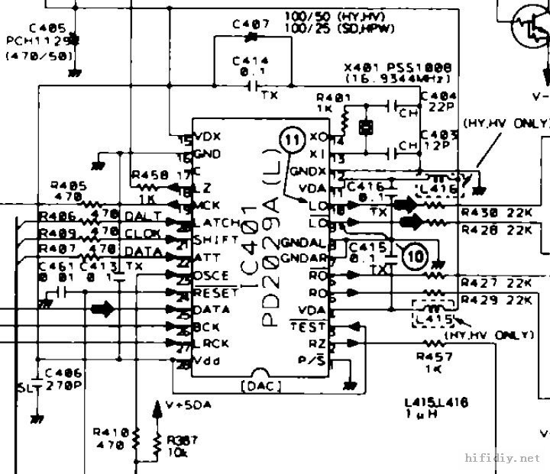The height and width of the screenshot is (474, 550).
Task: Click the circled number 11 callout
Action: point(292,139)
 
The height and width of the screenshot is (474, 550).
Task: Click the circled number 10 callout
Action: point(416,257)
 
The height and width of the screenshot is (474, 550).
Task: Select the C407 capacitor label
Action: point(251,24)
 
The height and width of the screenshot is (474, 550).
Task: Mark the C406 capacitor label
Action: point(63,373)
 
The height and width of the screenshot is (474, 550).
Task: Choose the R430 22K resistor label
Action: point(496,211)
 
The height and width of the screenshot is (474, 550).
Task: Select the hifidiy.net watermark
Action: point(502,459)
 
